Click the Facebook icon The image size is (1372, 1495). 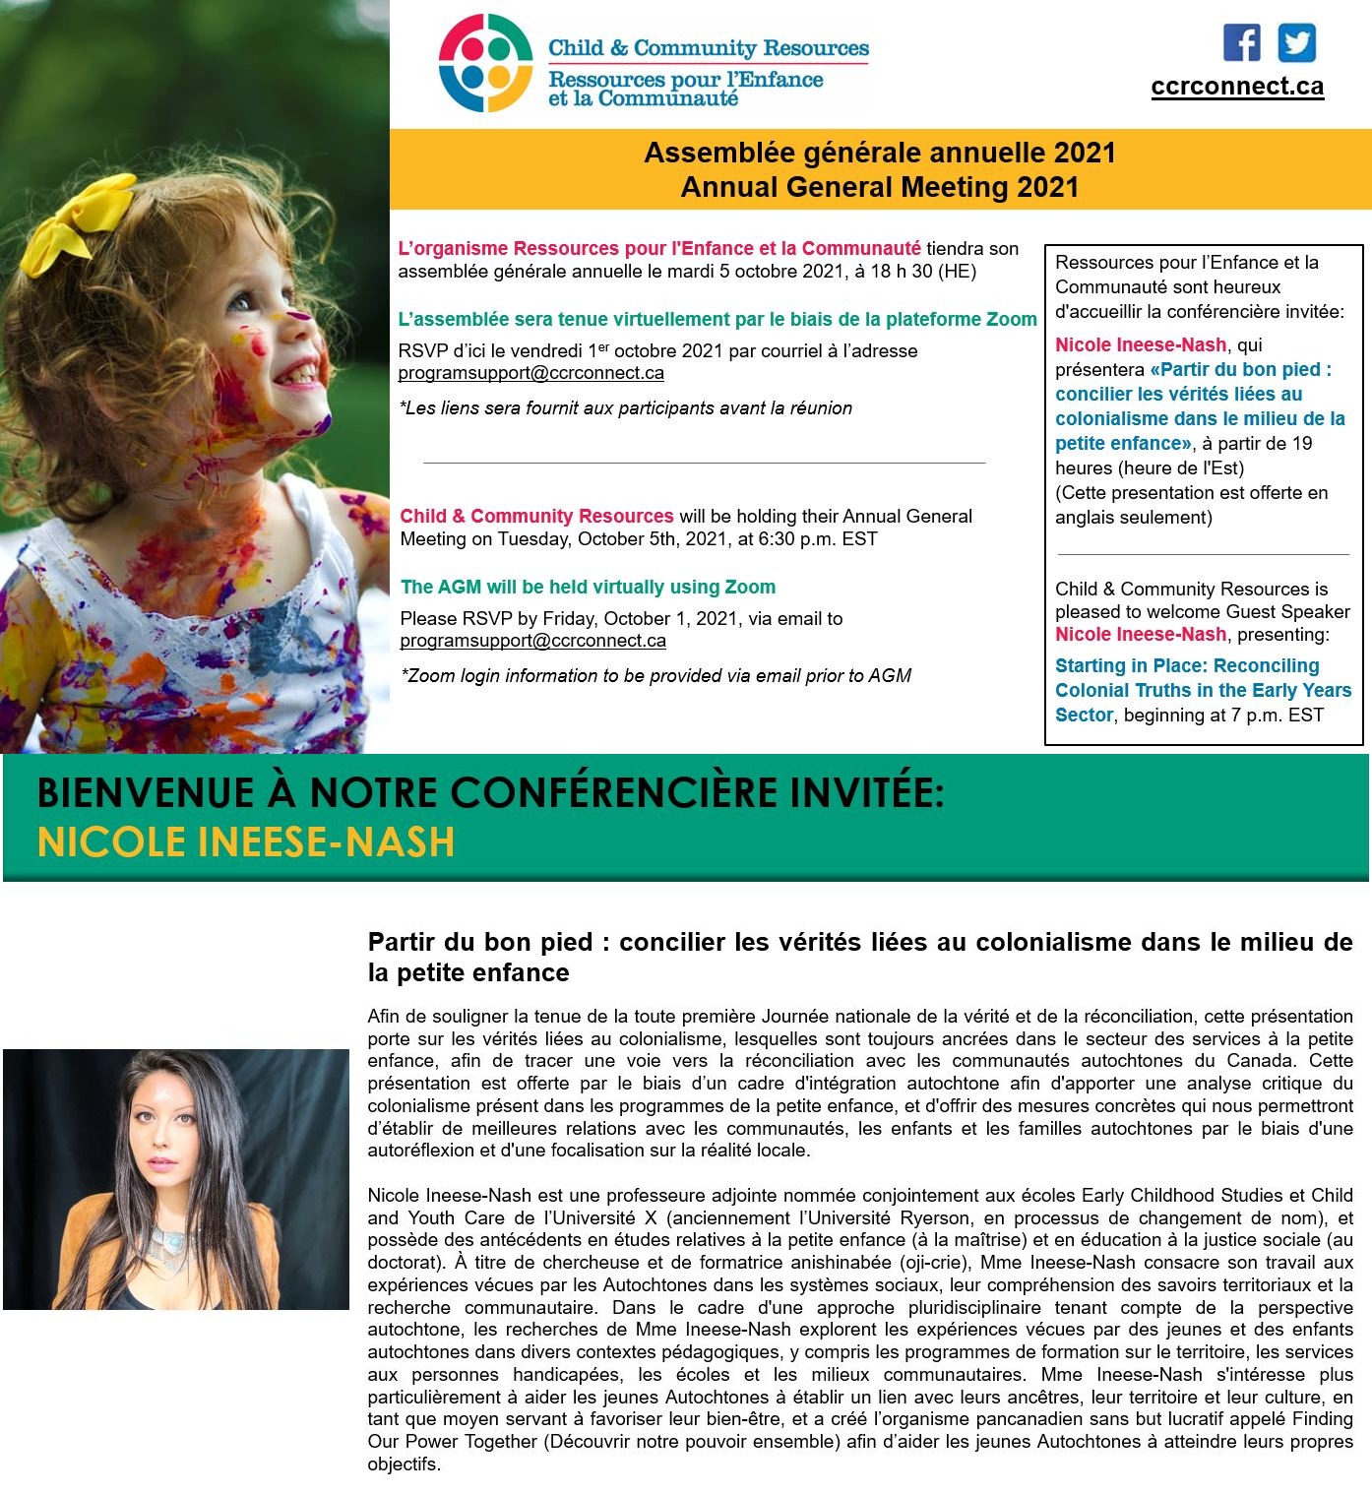click(x=1241, y=43)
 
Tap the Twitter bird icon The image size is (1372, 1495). click(x=1296, y=43)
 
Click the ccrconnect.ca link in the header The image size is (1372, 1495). click(x=1237, y=87)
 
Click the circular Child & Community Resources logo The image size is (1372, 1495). click(x=485, y=63)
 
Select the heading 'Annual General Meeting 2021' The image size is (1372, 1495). click(x=880, y=187)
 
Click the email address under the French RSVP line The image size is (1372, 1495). click(x=530, y=373)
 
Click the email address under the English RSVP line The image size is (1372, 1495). click(x=532, y=641)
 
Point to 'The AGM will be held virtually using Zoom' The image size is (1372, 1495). click(x=588, y=588)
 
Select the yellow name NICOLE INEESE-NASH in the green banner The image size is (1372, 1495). click(x=246, y=842)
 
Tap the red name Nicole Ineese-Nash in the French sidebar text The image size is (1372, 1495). click(x=1141, y=344)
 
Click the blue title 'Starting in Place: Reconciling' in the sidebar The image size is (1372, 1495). click(x=1187, y=666)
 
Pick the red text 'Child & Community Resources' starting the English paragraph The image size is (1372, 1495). click(x=536, y=516)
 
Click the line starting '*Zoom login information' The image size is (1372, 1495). click(x=655, y=676)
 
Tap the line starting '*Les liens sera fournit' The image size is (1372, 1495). click(x=625, y=408)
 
